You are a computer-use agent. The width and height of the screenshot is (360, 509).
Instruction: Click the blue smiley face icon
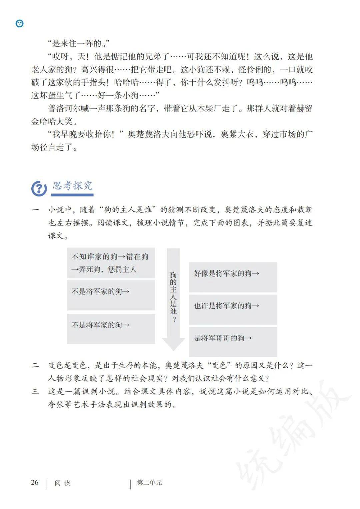click(x=20, y=23)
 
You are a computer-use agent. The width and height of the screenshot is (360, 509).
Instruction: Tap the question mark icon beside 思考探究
click(x=39, y=189)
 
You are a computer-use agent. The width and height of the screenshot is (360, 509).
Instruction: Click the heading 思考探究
click(x=73, y=186)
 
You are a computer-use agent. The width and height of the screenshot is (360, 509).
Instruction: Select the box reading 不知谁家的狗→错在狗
click(x=111, y=263)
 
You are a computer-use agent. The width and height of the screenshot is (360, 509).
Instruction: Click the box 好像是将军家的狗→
click(x=233, y=277)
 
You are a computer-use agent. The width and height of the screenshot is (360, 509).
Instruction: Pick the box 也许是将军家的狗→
click(x=233, y=309)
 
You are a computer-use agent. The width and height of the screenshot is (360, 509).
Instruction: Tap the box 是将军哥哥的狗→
click(x=233, y=341)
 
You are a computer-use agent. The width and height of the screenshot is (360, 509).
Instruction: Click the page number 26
click(x=35, y=482)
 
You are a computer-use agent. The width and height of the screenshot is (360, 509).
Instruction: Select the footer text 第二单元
click(x=149, y=483)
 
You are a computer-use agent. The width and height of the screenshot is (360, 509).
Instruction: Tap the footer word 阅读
click(x=62, y=483)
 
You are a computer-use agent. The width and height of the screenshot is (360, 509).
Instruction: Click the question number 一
click(x=35, y=210)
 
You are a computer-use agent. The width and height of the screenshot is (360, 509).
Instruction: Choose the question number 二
click(x=35, y=365)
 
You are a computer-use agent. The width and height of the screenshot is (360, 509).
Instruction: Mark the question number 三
click(x=35, y=391)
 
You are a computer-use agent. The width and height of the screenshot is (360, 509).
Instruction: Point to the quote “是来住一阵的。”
click(x=79, y=43)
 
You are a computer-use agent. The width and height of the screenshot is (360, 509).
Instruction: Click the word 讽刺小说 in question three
click(x=100, y=391)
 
